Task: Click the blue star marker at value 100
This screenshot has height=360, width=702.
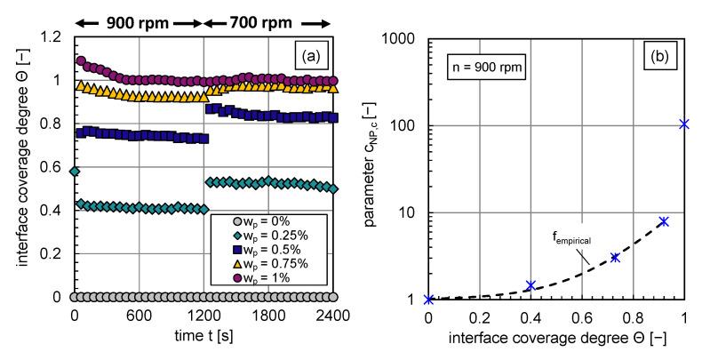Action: click(x=684, y=124)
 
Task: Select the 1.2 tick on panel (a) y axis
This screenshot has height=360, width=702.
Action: click(x=55, y=38)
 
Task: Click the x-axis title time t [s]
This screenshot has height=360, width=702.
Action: click(x=203, y=337)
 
